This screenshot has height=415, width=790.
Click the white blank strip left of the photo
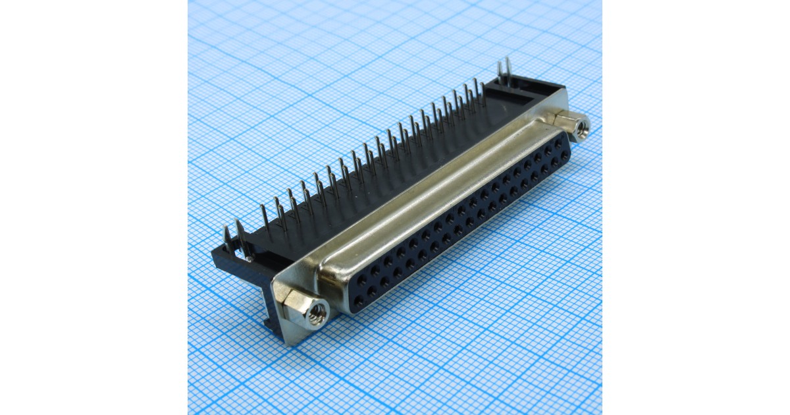tap(92, 207)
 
